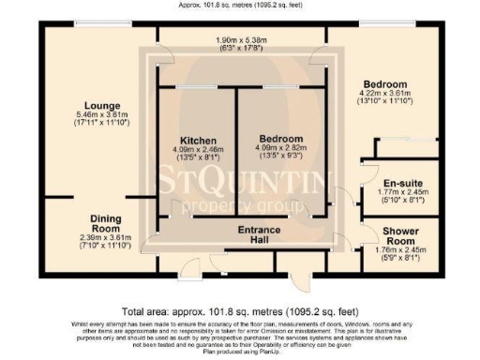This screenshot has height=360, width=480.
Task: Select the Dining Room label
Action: (x=105, y=222)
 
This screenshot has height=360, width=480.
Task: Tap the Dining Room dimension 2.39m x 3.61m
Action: (x=105, y=237)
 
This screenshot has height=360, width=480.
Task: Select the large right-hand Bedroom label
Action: (x=385, y=82)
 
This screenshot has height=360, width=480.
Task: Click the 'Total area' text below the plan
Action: (x=239, y=311)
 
